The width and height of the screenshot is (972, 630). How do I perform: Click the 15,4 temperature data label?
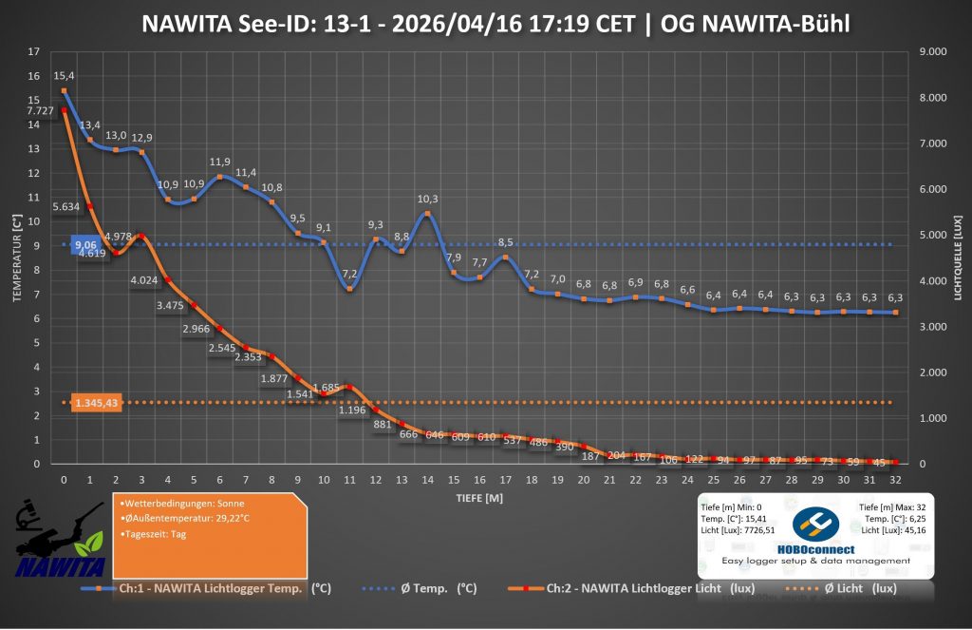click(x=64, y=75)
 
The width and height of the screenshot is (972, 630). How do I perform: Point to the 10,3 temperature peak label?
click(x=427, y=199)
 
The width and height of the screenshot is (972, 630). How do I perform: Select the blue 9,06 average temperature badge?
click(x=85, y=244)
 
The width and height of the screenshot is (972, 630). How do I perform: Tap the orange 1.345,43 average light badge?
click(x=98, y=403)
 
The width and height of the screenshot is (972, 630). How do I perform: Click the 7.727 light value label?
click(x=40, y=111)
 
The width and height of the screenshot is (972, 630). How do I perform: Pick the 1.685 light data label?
click(x=325, y=388)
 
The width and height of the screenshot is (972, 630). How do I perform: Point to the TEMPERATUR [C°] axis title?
click(x=17, y=257)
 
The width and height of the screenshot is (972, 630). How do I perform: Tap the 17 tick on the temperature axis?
click(x=35, y=51)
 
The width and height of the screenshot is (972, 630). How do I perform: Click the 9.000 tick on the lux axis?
click(x=923, y=51)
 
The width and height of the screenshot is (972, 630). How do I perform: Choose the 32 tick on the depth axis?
click(x=895, y=480)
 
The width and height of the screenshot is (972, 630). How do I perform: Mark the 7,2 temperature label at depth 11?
click(x=349, y=274)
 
